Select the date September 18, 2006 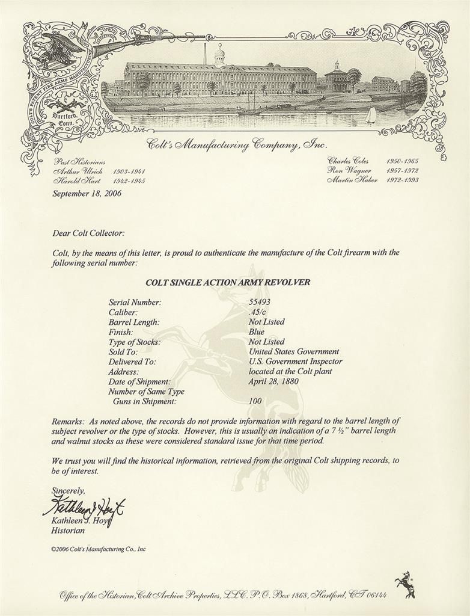tap(86, 194)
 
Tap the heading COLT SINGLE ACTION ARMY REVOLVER tap(228, 282)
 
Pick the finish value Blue tap(256, 331)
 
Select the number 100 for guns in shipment tap(255, 401)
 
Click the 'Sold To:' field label tap(123, 352)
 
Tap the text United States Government tap(293, 352)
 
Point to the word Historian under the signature tap(69, 531)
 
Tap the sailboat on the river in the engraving tap(371, 115)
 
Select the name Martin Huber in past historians tap(352, 180)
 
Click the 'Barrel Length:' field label tap(133, 322)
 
